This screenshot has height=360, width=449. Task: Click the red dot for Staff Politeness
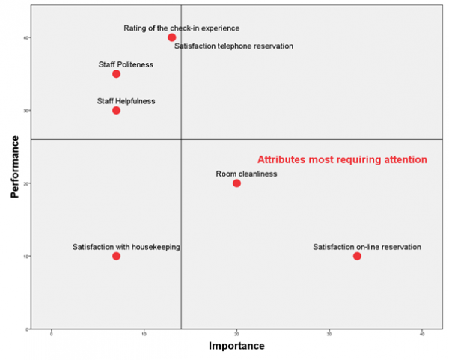pos(116,74)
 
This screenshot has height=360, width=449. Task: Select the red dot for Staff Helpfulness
pos(116,110)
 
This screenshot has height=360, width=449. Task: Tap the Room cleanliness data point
pos(236,183)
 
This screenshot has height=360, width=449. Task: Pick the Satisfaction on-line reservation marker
pos(357,256)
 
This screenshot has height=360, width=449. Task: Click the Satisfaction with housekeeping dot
pos(116,256)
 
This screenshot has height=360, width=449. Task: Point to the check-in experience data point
pos(172,37)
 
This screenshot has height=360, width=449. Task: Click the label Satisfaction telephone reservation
pos(233,46)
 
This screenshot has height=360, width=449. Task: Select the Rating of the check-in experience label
pos(182,28)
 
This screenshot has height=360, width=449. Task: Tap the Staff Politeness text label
pos(126,64)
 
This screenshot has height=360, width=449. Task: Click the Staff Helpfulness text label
pos(126,101)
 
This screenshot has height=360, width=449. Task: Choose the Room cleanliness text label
pos(247,174)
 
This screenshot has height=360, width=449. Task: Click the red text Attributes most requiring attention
pos(342,159)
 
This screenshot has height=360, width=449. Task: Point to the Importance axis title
pos(236,347)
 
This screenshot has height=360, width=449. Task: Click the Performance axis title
pos(15,166)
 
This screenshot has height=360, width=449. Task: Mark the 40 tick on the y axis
pos(25,37)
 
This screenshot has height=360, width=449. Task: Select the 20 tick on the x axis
pos(236,335)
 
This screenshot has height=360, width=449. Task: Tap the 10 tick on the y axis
pos(25,256)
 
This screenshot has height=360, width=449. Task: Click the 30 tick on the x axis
pos(329,335)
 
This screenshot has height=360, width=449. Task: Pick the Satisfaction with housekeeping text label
pos(126,247)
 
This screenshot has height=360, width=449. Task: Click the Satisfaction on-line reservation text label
pos(367,247)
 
